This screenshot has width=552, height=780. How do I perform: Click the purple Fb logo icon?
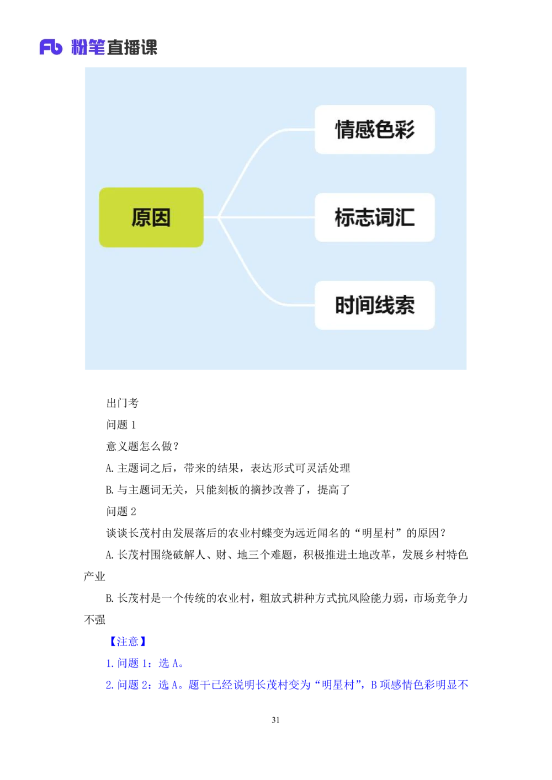[x=51, y=47]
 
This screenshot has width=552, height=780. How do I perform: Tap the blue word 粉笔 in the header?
[x=88, y=47]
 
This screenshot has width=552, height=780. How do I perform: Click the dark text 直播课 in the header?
[x=132, y=47]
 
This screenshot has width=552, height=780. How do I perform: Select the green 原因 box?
[x=151, y=217]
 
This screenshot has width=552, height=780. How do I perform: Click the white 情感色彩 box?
[x=375, y=130]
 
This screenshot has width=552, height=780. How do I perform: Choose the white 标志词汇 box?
[x=375, y=217]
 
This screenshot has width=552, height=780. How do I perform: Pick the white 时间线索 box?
[x=375, y=305]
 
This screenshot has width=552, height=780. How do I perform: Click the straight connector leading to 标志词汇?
[x=265, y=217]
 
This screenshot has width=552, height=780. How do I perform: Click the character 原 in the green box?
[x=141, y=217]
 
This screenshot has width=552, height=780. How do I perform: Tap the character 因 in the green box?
[x=161, y=217]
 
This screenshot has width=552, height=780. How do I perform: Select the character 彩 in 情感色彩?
[x=405, y=130]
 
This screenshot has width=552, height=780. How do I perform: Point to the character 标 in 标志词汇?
[x=345, y=217]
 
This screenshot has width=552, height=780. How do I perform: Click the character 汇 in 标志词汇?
[x=405, y=217]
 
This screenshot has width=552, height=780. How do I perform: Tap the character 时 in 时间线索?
[x=345, y=305]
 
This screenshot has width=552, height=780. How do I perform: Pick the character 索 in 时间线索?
[x=405, y=305]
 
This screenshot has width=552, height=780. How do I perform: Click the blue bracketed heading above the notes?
[x=128, y=641]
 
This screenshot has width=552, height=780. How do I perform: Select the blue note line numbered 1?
[x=144, y=663]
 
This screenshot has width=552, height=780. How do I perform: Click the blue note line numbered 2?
[x=286, y=685]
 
